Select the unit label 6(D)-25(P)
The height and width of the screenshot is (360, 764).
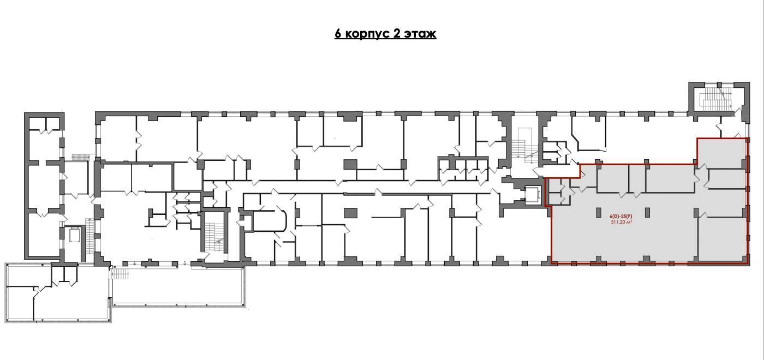point(621,216)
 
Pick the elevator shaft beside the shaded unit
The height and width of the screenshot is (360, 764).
point(533,195)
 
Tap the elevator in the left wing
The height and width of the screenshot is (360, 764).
point(74,236)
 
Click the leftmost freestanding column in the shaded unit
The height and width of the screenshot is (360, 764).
point(599,212)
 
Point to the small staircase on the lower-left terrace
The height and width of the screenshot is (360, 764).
point(120,274)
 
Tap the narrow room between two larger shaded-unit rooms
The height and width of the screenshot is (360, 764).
point(637,178)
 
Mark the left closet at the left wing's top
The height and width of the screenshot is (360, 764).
point(37,123)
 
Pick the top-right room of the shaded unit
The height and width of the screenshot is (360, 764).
point(720,153)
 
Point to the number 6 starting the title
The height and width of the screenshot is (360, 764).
point(338,34)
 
